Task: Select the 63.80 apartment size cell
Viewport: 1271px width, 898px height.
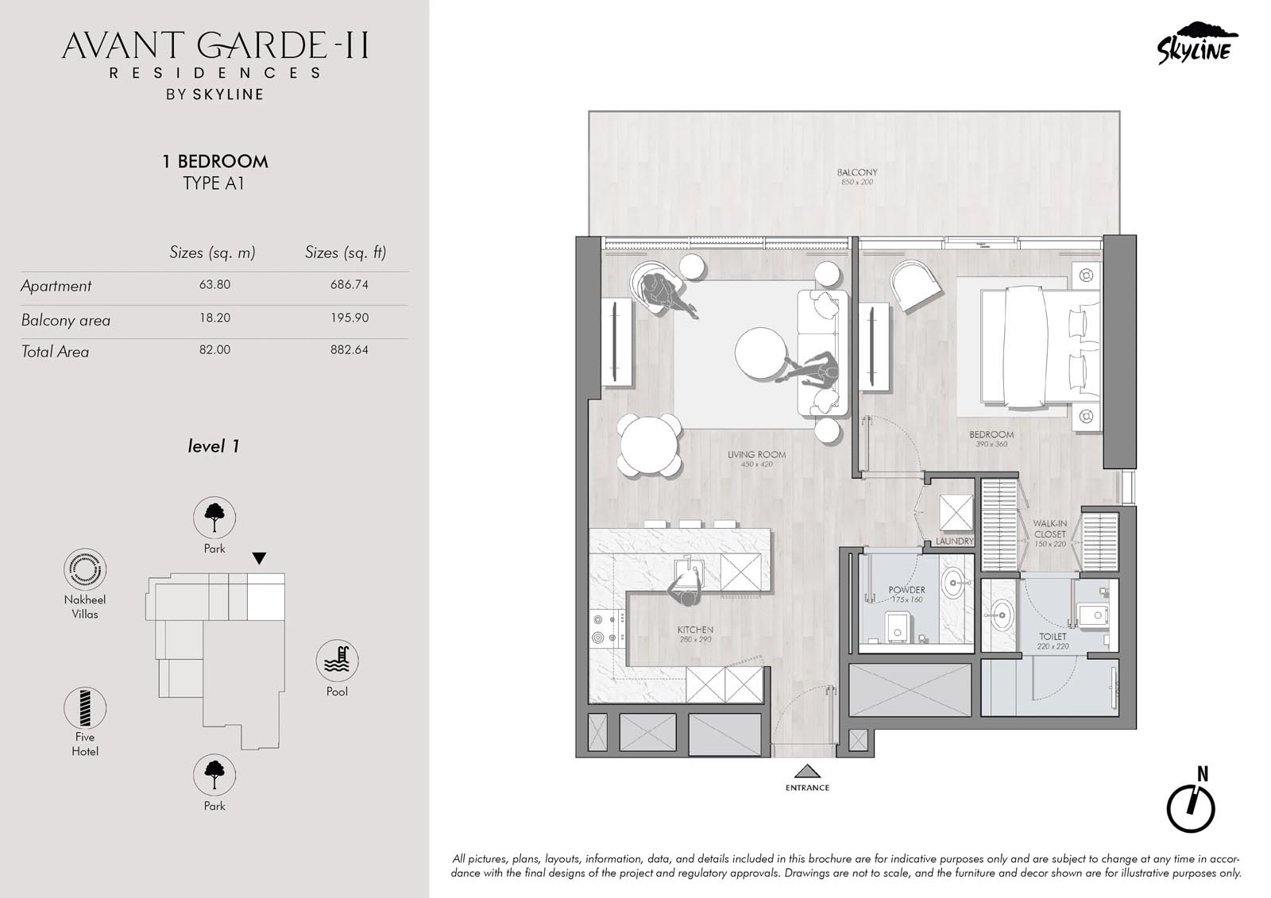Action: pyautogui.click(x=214, y=284)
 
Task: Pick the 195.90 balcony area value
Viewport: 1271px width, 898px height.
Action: pyautogui.click(x=350, y=318)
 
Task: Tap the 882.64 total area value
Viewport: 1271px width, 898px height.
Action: pyautogui.click(x=350, y=349)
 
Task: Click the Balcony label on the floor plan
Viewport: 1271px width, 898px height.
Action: pyautogui.click(x=857, y=172)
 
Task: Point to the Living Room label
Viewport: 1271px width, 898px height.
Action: pyautogui.click(x=756, y=454)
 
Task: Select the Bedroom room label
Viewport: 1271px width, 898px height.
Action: pyautogui.click(x=991, y=434)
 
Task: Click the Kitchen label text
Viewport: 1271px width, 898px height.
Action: pyautogui.click(x=695, y=630)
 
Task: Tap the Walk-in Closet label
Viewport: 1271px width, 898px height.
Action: pyautogui.click(x=1049, y=529)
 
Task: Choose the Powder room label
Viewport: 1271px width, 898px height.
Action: pyautogui.click(x=906, y=590)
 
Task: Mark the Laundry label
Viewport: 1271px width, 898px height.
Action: pyautogui.click(x=954, y=541)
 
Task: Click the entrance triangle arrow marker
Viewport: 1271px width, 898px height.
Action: pyautogui.click(x=807, y=772)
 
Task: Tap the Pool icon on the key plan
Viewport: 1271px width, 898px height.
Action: pyautogui.click(x=337, y=661)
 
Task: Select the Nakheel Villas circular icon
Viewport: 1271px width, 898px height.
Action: pyautogui.click(x=85, y=569)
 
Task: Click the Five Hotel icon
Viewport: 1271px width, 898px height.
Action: pyautogui.click(x=85, y=708)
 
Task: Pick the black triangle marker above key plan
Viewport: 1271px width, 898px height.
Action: pyautogui.click(x=259, y=557)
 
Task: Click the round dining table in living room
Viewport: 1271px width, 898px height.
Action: pyautogui.click(x=650, y=446)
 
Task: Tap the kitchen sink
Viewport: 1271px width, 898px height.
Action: pyautogui.click(x=689, y=573)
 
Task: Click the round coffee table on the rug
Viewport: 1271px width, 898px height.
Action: pyautogui.click(x=761, y=353)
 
